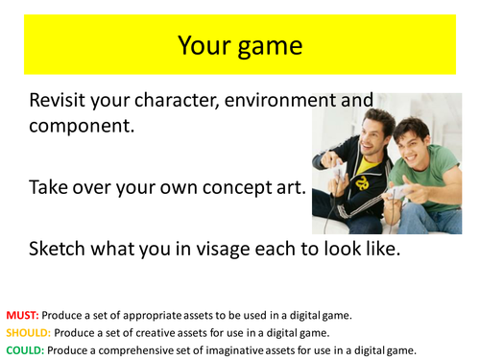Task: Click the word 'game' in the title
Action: coord(272,46)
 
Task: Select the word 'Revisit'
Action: coord(65,101)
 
